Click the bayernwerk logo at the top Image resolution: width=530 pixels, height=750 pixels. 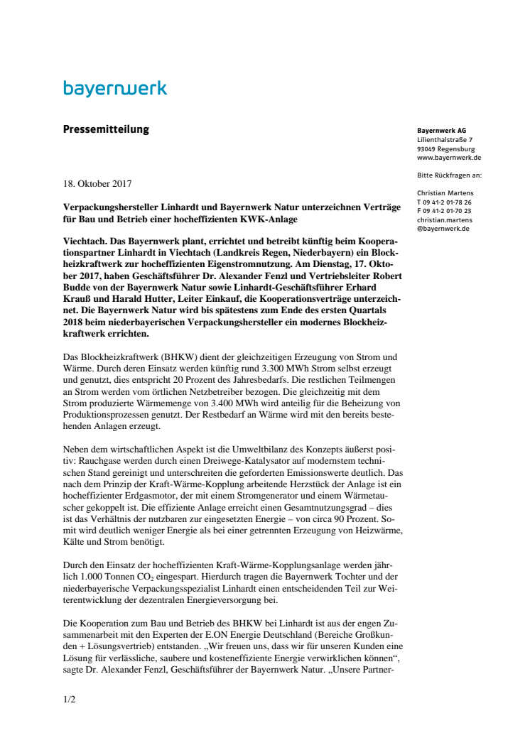(115, 89)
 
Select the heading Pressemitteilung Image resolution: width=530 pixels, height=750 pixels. (106, 129)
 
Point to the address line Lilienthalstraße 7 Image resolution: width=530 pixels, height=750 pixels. (445, 140)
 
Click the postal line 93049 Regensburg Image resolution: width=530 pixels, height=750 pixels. (446, 149)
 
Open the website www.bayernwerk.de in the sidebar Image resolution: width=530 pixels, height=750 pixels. (450, 158)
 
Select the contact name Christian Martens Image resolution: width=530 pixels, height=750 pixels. (445, 193)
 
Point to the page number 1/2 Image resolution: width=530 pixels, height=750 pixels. (69, 700)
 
